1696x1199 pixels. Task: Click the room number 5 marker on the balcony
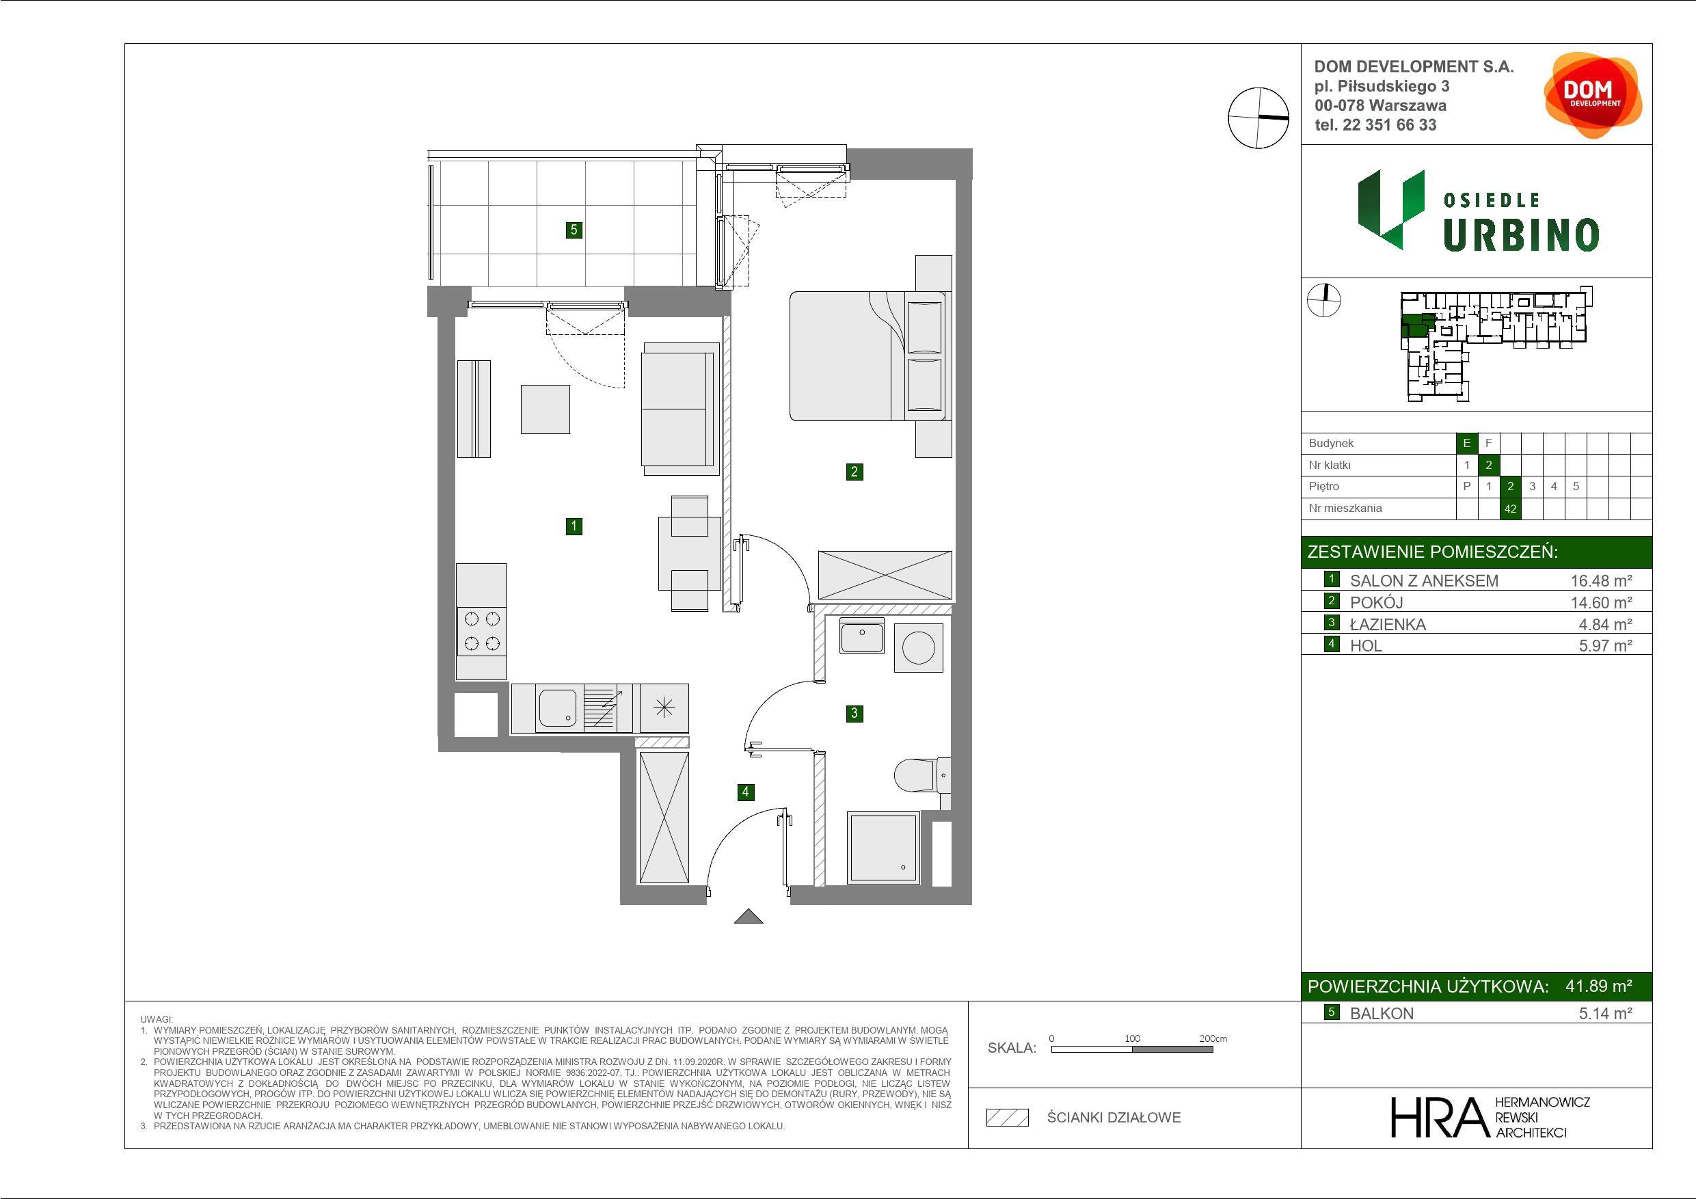coord(574,230)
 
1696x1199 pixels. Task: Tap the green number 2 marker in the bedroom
coord(854,471)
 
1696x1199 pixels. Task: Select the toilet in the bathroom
coord(922,776)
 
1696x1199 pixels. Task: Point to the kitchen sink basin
coord(558,708)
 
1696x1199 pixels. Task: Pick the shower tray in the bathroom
coord(883,848)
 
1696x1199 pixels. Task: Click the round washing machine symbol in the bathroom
coord(918,648)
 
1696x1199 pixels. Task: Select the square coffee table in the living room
coord(545,409)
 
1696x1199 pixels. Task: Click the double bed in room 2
coord(868,356)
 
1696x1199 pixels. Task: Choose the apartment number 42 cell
coord(1510,509)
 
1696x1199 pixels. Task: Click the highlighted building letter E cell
coord(1466,443)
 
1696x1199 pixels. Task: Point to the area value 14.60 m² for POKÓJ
coord(1601,602)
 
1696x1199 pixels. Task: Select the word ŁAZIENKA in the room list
coord(1387,624)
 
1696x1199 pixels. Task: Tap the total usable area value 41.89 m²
coord(1598,986)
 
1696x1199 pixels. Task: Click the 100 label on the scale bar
coord(1133,1038)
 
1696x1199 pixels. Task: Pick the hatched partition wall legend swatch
coord(1008,1118)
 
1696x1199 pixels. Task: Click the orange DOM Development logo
coord(1593,95)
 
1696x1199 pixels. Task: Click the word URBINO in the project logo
coord(1521,235)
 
